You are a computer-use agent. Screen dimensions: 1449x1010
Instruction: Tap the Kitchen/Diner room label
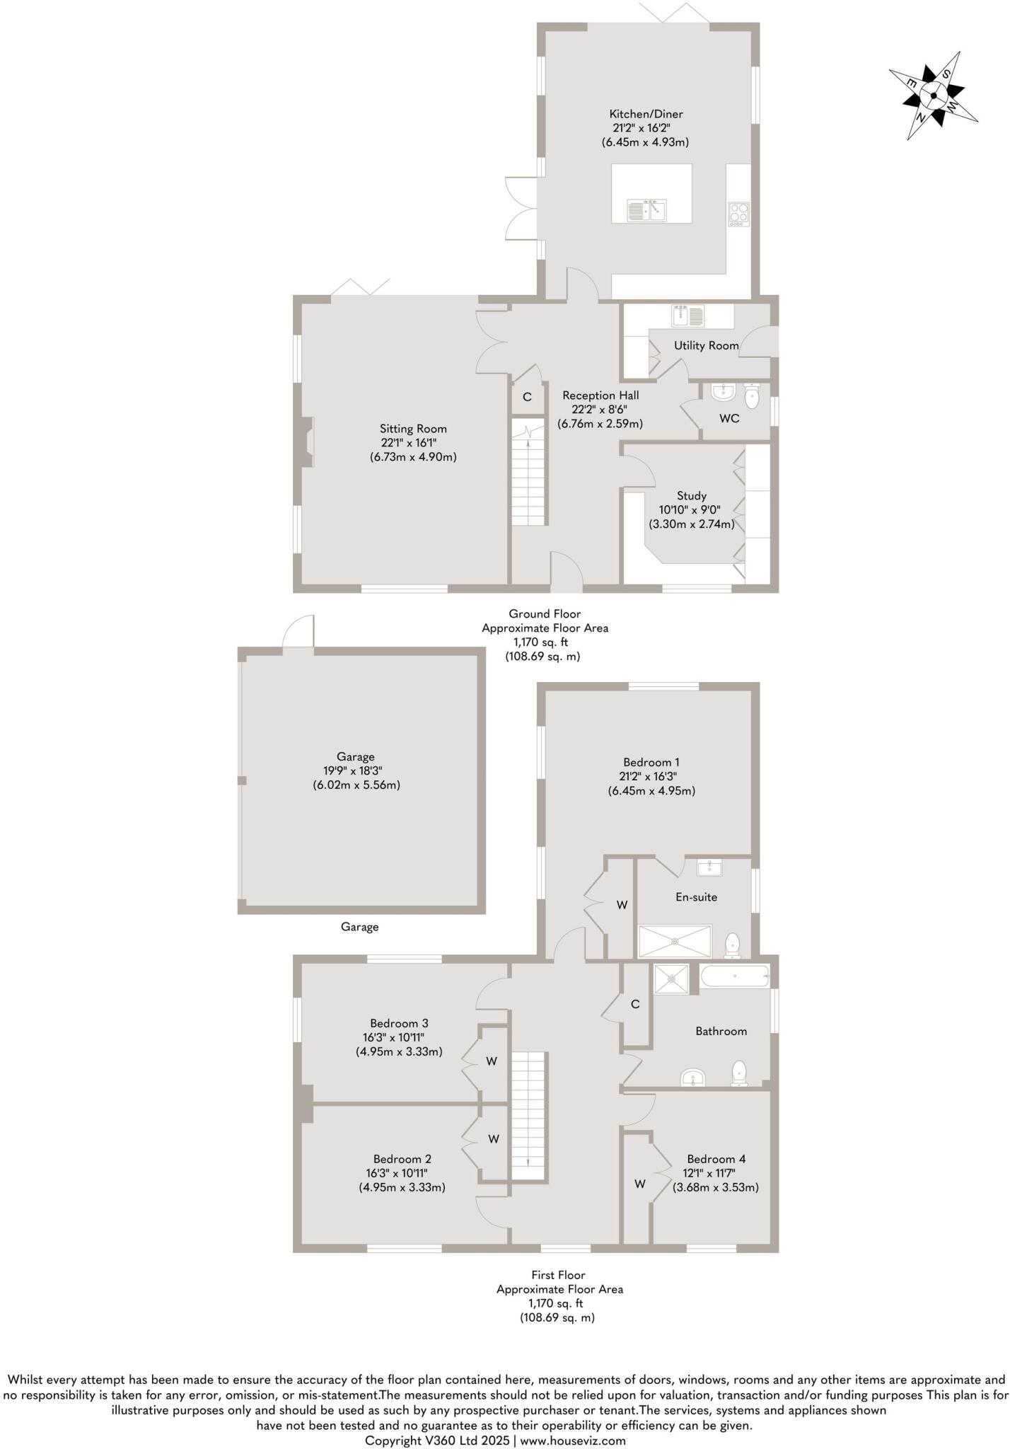(646, 114)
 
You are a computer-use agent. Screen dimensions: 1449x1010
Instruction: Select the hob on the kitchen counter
(738, 214)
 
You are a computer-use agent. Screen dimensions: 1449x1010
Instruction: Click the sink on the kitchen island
(646, 210)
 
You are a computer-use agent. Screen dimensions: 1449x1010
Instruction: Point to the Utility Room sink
(687, 315)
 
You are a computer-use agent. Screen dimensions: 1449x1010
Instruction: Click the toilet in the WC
(752, 396)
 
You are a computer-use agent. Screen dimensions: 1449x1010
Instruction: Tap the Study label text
(691, 496)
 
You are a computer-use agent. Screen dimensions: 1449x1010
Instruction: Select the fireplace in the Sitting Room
(307, 442)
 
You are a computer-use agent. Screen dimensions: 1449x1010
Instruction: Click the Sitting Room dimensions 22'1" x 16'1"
(414, 443)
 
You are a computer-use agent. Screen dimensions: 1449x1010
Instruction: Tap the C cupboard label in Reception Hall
(527, 398)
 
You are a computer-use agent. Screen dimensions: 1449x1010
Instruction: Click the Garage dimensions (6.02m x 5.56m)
(356, 785)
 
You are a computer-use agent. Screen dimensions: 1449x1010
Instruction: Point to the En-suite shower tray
(675, 941)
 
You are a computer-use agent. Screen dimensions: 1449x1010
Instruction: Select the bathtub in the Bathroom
(734, 976)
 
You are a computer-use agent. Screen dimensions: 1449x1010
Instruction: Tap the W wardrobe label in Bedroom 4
(640, 1184)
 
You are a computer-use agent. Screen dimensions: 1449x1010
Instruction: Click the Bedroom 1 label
(651, 762)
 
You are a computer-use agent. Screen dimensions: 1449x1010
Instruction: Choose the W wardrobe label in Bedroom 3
(492, 1061)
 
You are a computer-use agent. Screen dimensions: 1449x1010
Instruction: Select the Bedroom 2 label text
(402, 1159)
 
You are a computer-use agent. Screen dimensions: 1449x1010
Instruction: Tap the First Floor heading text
(559, 1275)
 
